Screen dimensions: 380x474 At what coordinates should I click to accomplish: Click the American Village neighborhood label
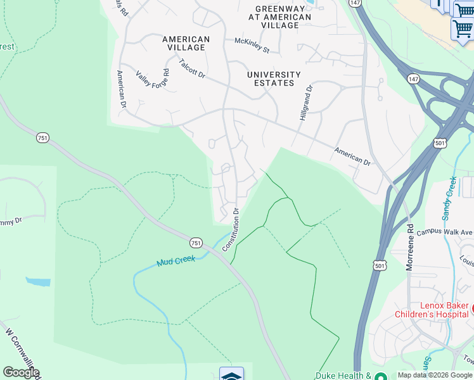tap(186, 43)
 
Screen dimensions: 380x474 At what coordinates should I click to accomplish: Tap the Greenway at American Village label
tap(283, 17)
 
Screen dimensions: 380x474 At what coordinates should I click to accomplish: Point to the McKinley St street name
tap(252, 46)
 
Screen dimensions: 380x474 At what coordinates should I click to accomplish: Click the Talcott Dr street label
tap(192, 69)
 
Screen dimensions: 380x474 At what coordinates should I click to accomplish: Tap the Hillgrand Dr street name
tap(305, 104)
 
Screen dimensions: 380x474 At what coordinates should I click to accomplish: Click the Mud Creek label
tap(177, 260)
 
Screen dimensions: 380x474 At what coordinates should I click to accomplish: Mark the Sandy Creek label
tap(450, 198)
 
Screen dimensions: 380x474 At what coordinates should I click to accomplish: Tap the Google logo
tap(21, 372)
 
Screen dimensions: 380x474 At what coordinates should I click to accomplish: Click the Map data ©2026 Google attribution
tap(435, 375)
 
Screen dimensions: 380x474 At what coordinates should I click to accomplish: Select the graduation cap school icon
tap(231, 375)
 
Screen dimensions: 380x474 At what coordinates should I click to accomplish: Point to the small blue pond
tap(38, 281)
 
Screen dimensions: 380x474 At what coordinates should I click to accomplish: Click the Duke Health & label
tap(343, 375)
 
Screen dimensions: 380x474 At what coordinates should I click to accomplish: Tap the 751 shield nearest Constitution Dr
tap(196, 243)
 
